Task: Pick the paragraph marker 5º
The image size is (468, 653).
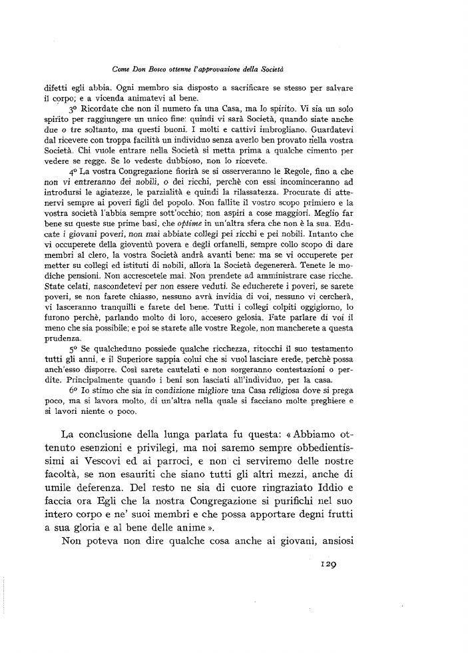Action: tap(75, 348)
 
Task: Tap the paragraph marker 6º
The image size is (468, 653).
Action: tap(75, 389)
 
